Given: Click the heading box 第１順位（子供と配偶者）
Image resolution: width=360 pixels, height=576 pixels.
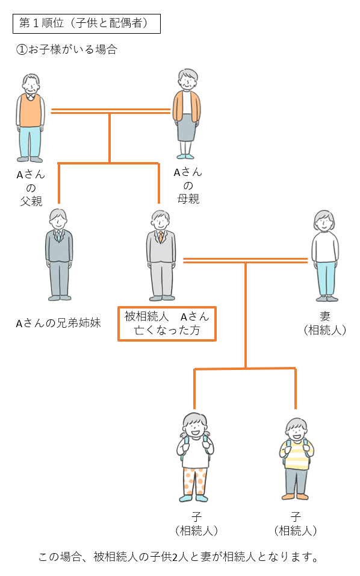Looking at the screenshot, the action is click(x=87, y=23).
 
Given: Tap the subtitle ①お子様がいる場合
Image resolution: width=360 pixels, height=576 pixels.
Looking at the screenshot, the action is click(x=66, y=49).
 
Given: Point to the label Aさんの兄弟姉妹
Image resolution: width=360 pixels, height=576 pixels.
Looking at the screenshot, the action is click(x=58, y=323).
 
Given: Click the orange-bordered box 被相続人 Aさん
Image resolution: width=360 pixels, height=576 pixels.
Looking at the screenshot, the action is click(x=167, y=324).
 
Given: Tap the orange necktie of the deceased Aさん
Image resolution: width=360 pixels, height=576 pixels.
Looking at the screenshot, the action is click(x=161, y=237).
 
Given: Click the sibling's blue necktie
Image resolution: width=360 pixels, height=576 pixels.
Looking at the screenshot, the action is click(x=59, y=236).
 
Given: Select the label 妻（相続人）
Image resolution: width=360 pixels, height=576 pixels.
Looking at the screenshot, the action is click(x=324, y=324).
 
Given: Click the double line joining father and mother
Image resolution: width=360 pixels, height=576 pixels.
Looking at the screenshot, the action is click(x=111, y=111).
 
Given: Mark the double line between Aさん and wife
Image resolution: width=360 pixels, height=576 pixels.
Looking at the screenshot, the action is click(x=245, y=261).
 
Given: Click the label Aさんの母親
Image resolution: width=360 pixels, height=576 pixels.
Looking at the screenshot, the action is click(x=188, y=186).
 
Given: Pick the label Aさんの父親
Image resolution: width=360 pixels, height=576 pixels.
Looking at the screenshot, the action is click(x=31, y=188).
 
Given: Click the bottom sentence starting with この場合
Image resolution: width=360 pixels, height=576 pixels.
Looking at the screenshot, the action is click(x=178, y=557).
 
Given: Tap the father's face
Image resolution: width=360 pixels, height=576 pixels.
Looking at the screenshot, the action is click(x=31, y=86).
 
